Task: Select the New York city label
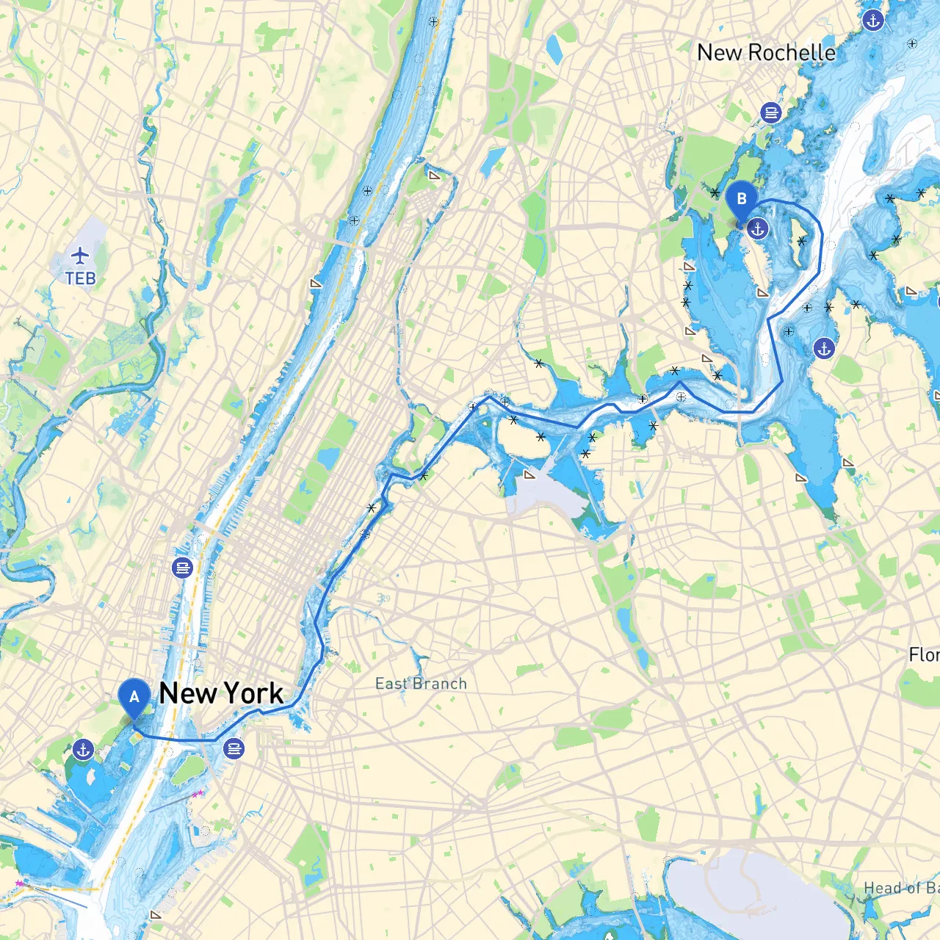[x=221, y=693]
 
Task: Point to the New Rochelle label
[x=766, y=53]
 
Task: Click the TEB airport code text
[x=80, y=279]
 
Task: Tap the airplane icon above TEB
[x=80, y=256]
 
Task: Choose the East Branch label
[x=421, y=684]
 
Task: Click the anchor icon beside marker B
[x=758, y=229]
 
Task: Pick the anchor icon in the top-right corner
[x=872, y=20]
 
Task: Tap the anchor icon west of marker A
[x=83, y=750]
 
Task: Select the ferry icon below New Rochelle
[x=770, y=112]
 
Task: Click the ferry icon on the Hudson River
[x=183, y=568]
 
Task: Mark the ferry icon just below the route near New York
[x=234, y=749]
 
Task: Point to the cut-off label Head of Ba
[x=901, y=889]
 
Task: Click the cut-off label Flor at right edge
[x=924, y=654]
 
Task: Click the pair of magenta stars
[x=198, y=794]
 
